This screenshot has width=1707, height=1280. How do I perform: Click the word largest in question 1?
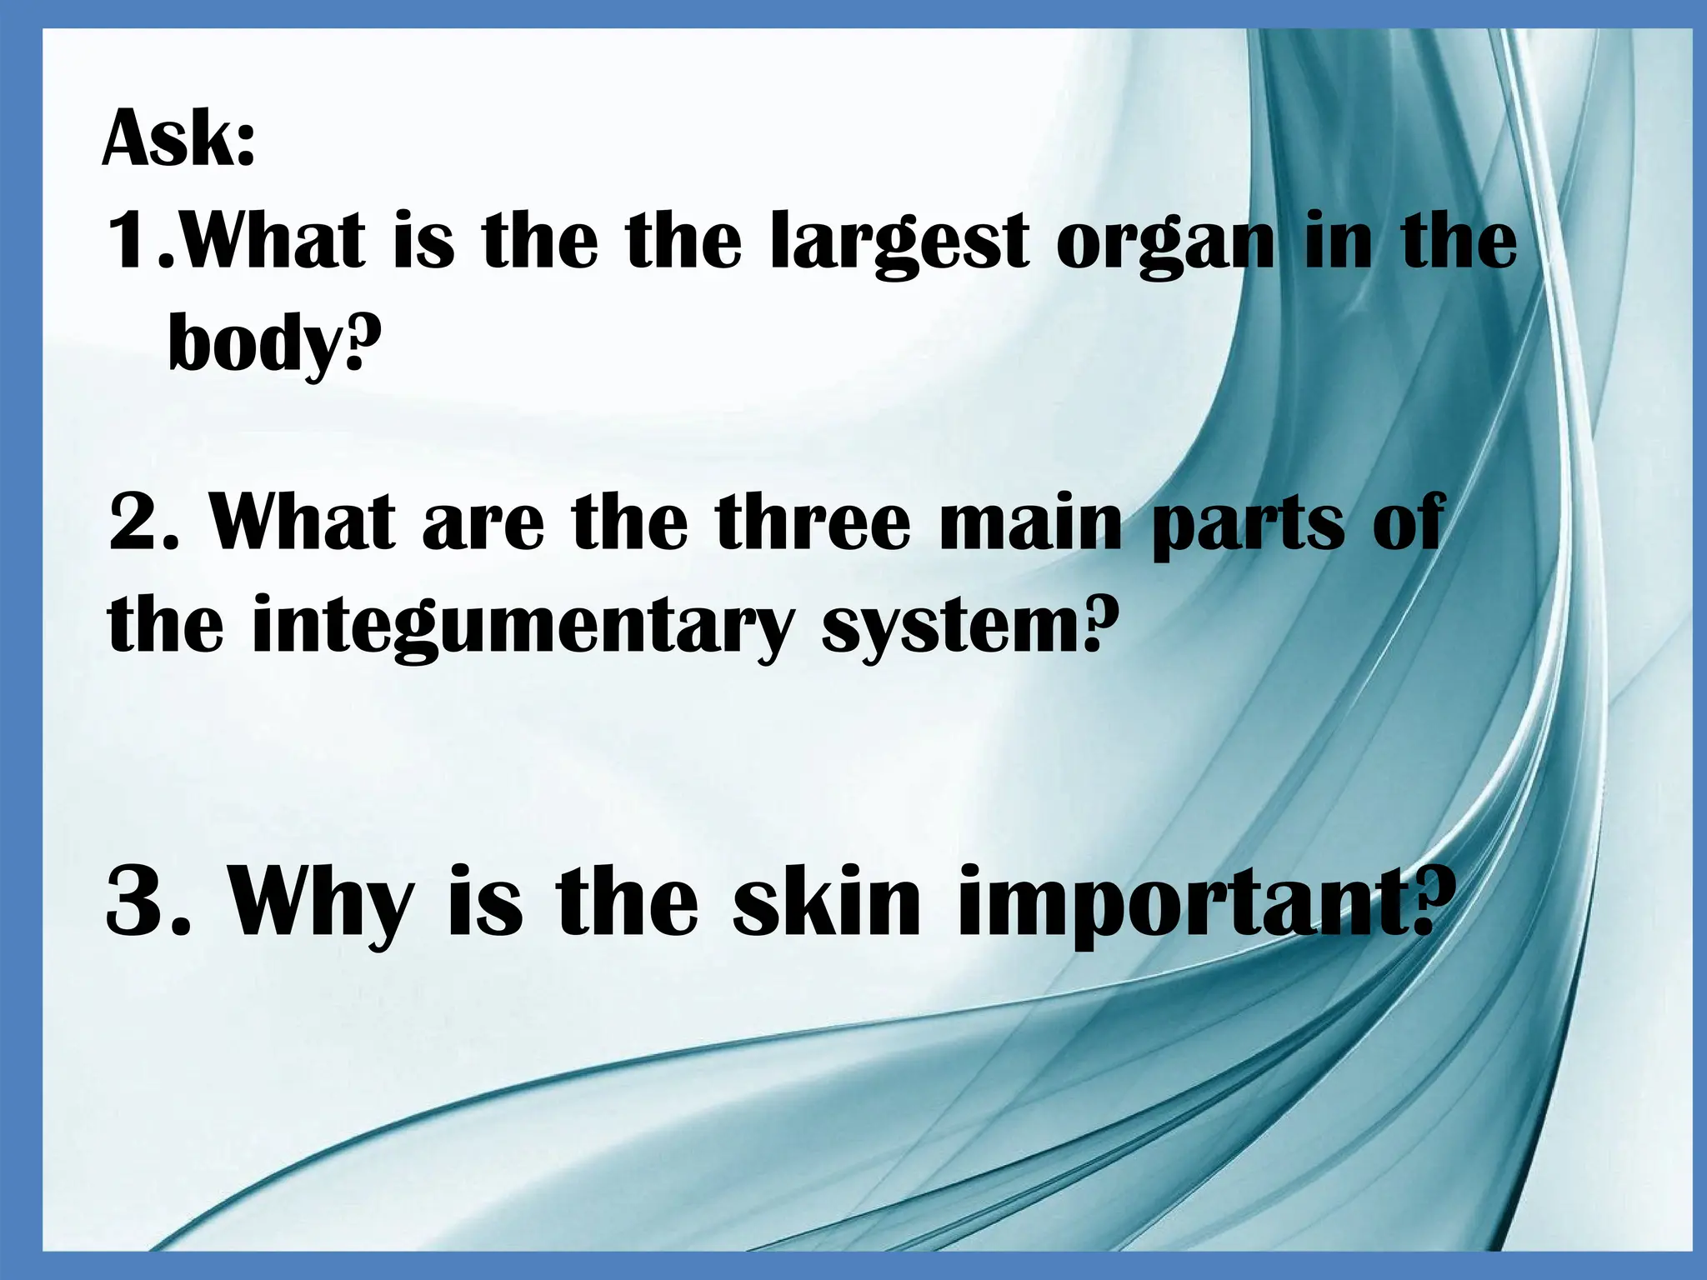[899, 243]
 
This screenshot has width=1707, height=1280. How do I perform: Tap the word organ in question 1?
[1164, 243]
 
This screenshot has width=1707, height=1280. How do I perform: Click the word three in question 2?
[813, 523]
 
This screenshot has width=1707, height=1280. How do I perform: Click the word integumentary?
[519, 627]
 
